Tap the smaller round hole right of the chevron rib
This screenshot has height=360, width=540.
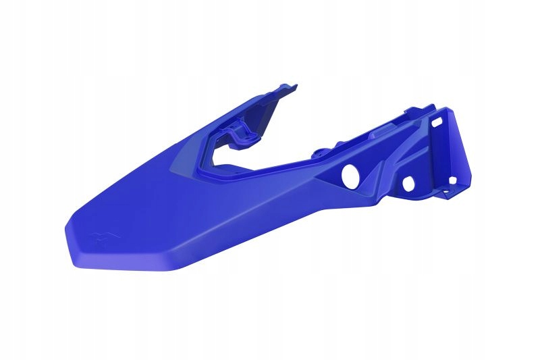[408, 182]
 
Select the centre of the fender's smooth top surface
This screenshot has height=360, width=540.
[169, 209]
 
